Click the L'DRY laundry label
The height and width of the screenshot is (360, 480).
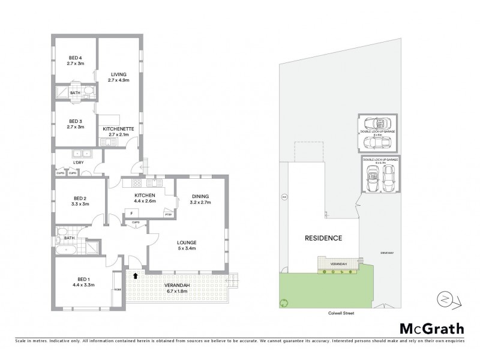(x=77, y=163)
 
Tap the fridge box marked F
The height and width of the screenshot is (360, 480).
(x=131, y=212)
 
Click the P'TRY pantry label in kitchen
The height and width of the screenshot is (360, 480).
(x=168, y=214)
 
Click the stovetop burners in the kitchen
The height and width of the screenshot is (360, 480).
(x=137, y=184)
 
